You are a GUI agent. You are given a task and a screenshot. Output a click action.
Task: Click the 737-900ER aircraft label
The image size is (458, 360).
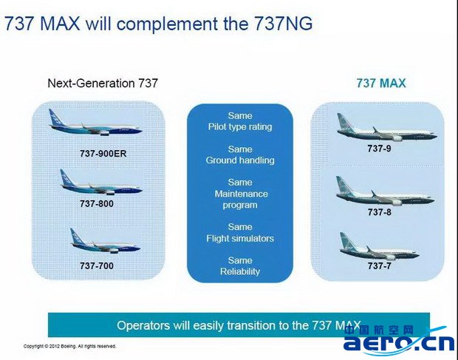[103, 154]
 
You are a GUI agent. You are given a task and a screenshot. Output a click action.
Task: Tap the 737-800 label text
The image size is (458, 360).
[97, 203]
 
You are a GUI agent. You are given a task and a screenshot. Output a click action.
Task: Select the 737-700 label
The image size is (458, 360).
[97, 265]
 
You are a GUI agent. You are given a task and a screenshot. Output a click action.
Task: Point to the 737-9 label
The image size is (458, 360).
[379, 149]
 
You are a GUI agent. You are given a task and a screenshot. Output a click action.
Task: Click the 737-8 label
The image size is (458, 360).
[379, 212]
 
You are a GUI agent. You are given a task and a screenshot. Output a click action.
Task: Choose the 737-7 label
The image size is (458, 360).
[379, 265]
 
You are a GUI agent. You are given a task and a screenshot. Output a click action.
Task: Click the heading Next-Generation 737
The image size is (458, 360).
[103, 84]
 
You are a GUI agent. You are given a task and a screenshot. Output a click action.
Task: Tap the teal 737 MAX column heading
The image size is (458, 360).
[381, 84]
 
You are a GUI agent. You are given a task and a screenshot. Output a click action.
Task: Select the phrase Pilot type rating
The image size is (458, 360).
[240, 127]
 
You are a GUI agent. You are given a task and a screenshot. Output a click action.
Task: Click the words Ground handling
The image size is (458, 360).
[240, 160]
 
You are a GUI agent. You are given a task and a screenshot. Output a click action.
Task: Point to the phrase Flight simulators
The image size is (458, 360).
[240, 239]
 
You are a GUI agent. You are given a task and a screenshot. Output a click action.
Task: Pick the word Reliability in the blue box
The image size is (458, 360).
[240, 271]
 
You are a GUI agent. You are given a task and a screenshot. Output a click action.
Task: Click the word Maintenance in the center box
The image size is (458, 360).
[242, 194]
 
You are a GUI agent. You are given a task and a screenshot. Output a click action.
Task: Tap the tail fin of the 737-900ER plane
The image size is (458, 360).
[55, 118]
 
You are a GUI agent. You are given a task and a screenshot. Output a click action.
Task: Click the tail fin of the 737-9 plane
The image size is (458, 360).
[343, 122]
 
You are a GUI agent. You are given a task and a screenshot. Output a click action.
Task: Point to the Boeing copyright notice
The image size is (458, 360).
[70, 346]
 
